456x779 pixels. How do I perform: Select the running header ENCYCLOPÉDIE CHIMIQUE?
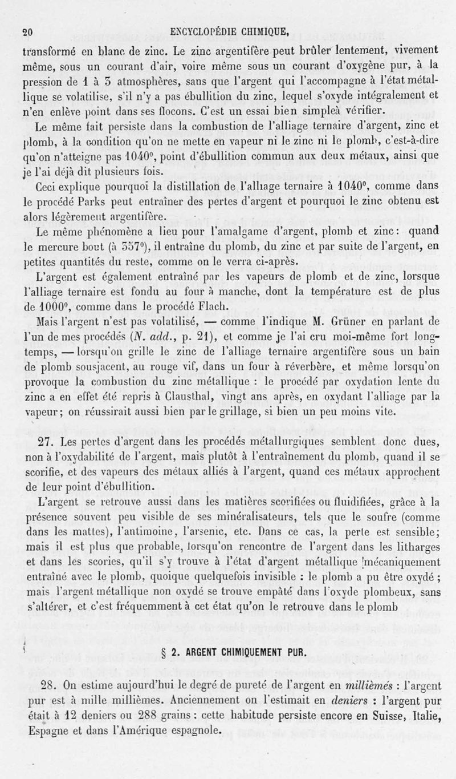(x=230, y=32)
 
